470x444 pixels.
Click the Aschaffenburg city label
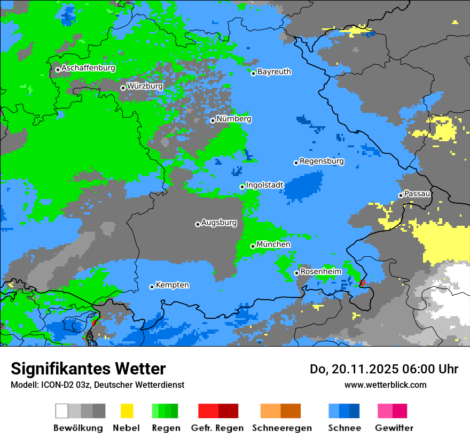click(x=88, y=68)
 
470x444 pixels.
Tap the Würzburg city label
click(x=145, y=86)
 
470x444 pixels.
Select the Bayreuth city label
click(x=274, y=72)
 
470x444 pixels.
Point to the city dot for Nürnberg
click(x=213, y=120)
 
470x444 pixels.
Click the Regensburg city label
click(x=322, y=161)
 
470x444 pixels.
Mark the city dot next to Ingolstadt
click(x=242, y=187)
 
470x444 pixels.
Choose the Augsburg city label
click(x=218, y=223)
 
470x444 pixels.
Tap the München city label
click(x=273, y=244)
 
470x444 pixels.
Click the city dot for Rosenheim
click(x=296, y=273)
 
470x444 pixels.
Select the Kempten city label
click(x=172, y=285)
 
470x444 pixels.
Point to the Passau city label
click(x=417, y=194)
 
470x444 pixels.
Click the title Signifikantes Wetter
click(x=88, y=369)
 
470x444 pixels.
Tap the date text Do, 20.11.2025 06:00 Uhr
click(x=384, y=369)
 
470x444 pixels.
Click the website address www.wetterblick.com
click(x=385, y=385)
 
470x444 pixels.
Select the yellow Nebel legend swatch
click(x=127, y=411)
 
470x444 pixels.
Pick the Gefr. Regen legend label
click(x=217, y=428)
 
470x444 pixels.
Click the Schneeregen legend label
click(x=282, y=428)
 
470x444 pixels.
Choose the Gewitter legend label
click(x=394, y=428)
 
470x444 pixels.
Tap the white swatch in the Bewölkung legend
click(x=62, y=411)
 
